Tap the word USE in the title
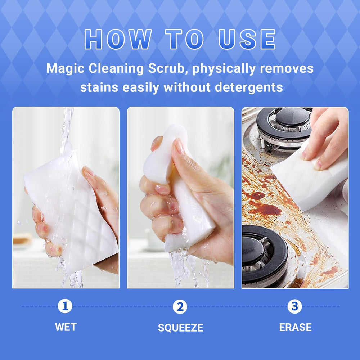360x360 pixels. [247, 39]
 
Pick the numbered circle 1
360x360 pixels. [65, 306]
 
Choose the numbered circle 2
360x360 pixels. [180, 306]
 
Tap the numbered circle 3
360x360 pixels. [294, 306]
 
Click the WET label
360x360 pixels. [66, 327]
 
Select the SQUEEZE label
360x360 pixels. [180, 327]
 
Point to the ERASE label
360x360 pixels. [295, 327]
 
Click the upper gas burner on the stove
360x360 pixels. [284, 129]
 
